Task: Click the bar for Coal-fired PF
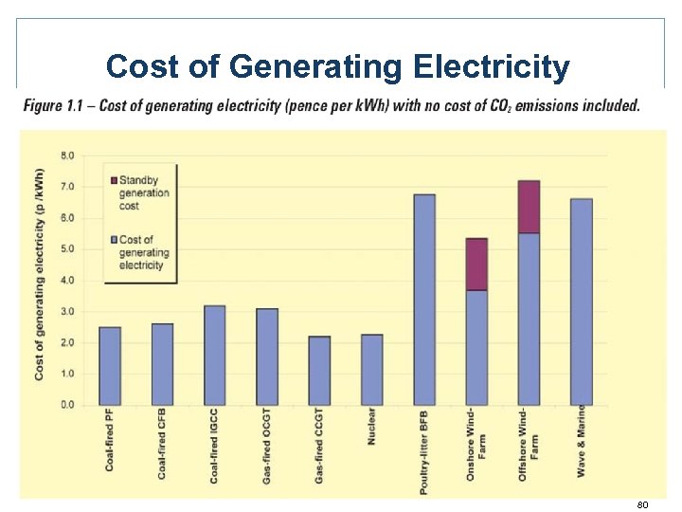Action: pyautogui.click(x=110, y=366)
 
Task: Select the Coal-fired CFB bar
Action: pyautogui.click(x=162, y=364)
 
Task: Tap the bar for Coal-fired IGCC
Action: pyautogui.click(x=215, y=355)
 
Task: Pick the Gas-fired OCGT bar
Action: pyautogui.click(x=267, y=357)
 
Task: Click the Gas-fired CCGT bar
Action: pyautogui.click(x=319, y=371)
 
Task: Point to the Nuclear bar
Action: pyautogui.click(x=371, y=370)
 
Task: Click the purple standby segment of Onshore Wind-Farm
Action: pyautogui.click(x=476, y=265)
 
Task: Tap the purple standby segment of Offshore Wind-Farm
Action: pyautogui.click(x=529, y=207)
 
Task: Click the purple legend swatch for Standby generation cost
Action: pyautogui.click(x=114, y=180)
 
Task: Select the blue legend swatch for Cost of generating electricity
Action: pyautogui.click(x=114, y=240)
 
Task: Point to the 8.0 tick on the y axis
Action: pyautogui.click(x=69, y=155)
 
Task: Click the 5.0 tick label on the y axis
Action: pyautogui.click(x=69, y=249)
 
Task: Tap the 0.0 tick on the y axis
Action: pyautogui.click(x=69, y=405)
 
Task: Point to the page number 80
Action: pyautogui.click(x=642, y=504)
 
